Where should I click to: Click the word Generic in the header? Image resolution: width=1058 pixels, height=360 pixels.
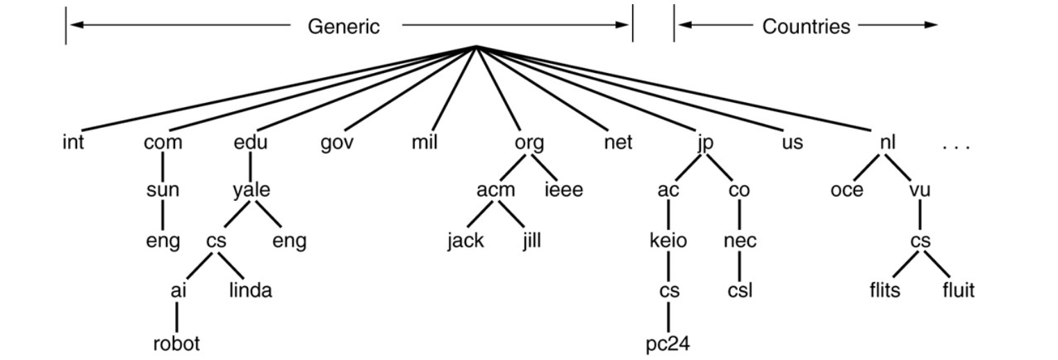point(344,26)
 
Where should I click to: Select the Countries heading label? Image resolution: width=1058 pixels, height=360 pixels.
point(806,26)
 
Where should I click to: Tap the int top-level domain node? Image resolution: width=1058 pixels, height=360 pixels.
point(72,143)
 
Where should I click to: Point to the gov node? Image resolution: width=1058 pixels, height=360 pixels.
point(338,143)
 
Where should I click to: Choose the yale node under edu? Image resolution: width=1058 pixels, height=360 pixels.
point(251,190)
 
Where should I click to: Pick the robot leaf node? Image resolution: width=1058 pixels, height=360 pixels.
point(176,343)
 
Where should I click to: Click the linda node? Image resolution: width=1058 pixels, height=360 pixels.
point(250,290)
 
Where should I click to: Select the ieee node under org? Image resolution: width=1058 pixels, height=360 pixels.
point(563,190)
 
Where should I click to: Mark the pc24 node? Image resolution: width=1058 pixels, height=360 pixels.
point(668,344)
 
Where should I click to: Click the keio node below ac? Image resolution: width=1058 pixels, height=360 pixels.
point(668,241)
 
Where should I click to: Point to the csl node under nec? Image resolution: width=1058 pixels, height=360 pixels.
point(740,290)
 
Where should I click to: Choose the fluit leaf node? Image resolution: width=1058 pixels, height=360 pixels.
point(958,290)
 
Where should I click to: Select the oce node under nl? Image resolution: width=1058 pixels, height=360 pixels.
point(847,190)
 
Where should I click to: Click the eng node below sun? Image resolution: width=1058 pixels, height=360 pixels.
point(163,243)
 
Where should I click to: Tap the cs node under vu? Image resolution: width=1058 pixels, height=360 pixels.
point(920,241)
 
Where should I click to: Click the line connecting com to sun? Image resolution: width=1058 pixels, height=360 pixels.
point(163,167)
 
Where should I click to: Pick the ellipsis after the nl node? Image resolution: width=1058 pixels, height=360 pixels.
point(956,147)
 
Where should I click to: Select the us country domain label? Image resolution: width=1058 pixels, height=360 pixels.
point(792,143)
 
